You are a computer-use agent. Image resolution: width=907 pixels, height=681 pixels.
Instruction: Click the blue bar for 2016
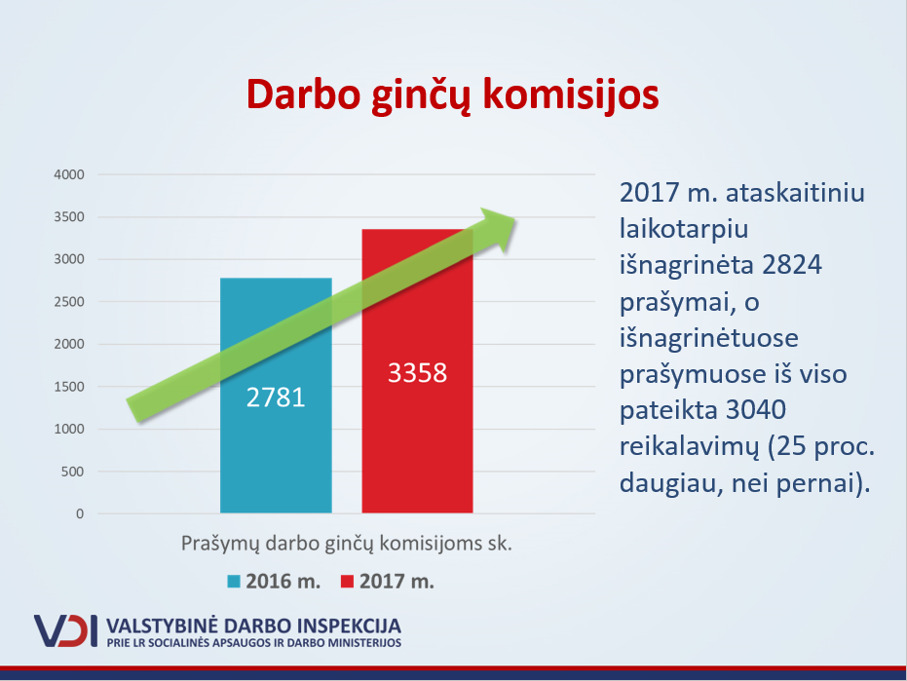pos(276,396)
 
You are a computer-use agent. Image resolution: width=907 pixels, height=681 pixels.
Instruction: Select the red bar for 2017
pos(417,371)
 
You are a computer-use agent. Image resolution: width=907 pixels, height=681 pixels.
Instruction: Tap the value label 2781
pos(276,397)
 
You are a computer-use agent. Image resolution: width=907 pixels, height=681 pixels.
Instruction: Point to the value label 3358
pos(417,372)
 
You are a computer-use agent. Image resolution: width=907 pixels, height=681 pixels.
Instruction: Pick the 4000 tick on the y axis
pos(69,174)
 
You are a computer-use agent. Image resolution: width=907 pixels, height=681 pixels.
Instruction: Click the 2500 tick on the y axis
pos(69,302)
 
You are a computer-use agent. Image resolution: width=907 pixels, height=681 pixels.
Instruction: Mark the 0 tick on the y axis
pos(80,513)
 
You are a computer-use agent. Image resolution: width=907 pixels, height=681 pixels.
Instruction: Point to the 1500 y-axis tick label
pos(69,387)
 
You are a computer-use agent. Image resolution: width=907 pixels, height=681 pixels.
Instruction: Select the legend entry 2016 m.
pos(274,582)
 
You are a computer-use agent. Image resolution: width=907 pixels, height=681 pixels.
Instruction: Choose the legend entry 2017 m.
pos(388,582)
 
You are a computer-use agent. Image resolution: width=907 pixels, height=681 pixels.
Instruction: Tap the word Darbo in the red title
pos(304,95)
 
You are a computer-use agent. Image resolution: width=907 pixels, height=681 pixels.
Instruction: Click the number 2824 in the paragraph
pos(792,265)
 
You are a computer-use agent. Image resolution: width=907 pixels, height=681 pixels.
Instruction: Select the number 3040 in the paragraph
pos(755,410)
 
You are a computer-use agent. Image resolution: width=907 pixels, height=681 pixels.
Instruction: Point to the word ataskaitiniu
pos(795,193)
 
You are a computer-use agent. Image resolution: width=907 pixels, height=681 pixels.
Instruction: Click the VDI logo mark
pos(65,630)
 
